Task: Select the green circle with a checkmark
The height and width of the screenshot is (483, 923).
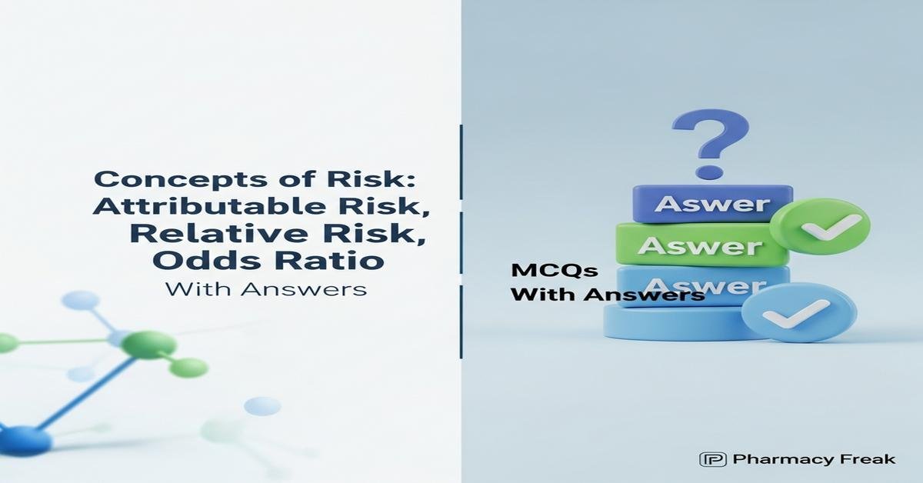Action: coord(820,226)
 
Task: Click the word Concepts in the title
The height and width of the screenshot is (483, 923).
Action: coord(162,180)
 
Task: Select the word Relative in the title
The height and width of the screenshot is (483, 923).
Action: coord(184,233)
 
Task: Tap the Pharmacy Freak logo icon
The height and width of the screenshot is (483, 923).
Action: coord(712,460)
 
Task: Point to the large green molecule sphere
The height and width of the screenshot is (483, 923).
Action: coord(148,345)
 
